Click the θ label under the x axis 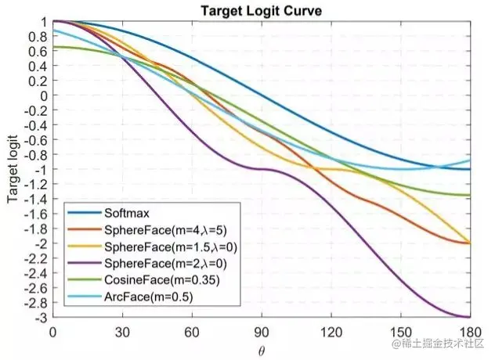pos(262,347)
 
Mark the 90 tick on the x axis pos(262,331)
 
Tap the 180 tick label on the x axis pos(471,331)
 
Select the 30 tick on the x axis pos(122,331)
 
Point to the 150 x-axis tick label pos(401,331)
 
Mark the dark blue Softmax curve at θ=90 pos(262,95)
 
